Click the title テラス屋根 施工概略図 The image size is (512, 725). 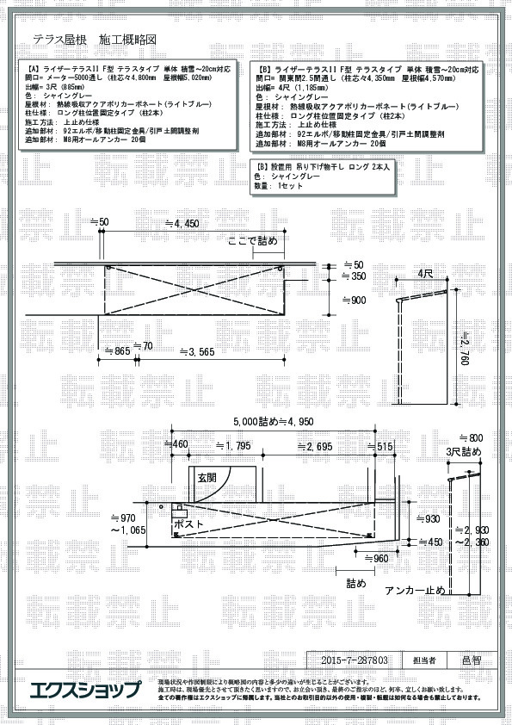[95, 40]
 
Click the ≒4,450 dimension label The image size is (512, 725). [186, 223]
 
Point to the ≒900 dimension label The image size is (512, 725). [354, 300]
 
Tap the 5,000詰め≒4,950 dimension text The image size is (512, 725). [273, 422]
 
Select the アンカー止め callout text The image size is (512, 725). [415, 590]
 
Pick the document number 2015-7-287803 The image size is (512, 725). [355, 660]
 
